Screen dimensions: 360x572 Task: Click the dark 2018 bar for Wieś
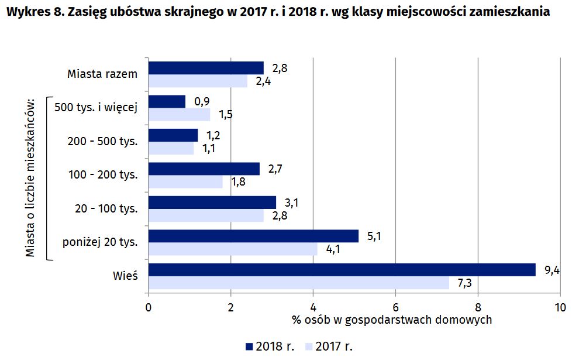point(342,269)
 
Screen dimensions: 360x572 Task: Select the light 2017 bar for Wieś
point(298,283)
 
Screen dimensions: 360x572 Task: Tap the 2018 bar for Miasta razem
point(206,68)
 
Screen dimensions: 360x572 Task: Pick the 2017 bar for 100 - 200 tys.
point(185,182)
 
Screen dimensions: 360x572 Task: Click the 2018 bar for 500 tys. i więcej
point(167,102)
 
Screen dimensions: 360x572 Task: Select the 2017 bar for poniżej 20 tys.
point(233,249)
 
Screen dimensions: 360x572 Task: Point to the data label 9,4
point(552,270)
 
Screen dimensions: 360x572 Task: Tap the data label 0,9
point(202,101)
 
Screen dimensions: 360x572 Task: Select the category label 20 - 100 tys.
point(106,208)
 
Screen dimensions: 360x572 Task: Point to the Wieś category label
point(126,275)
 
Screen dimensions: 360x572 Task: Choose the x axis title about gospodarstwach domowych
point(391,320)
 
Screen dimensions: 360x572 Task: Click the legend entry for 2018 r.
point(270,347)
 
